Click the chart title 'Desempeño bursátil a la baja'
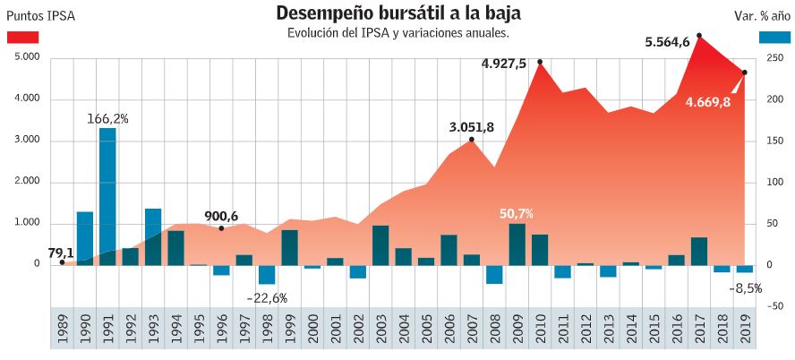[397, 13]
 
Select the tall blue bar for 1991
[107, 196]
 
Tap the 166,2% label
[107, 118]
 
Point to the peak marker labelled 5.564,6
[698, 36]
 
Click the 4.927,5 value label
[503, 64]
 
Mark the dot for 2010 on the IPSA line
[540, 62]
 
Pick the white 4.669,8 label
[708, 102]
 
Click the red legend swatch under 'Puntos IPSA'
[22, 37]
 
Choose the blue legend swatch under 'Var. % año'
[774, 37]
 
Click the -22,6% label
[267, 298]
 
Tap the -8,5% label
[745, 288]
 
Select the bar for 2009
[517, 244]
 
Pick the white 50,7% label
[517, 214]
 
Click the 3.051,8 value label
[472, 127]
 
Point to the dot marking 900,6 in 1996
[221, 228]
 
